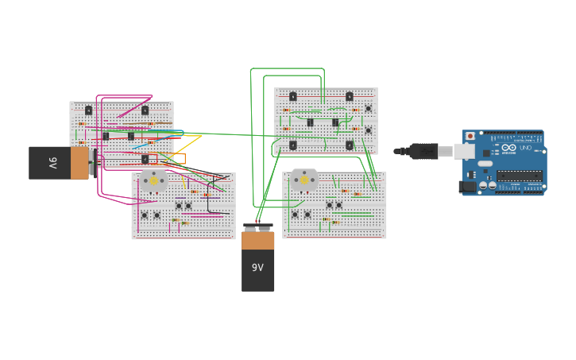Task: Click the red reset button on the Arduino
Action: pos(470,136)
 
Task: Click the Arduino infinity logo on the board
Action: pos(508,148)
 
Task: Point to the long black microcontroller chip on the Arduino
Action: pos(520,175)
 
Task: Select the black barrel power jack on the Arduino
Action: pos(467,187)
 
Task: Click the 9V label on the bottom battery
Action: pos(257,268)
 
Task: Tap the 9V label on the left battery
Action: pos(53,163)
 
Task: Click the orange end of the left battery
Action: pos(79,163)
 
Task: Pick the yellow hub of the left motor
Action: pos(153,180)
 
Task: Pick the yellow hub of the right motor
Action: pos(304,180)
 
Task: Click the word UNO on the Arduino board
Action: pos(527,148)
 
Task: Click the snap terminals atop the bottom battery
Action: pos(257,227)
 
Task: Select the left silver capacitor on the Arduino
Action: pos(482,185)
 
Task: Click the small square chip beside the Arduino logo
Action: pos(486,153)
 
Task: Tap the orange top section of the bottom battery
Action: pos(257,240)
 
